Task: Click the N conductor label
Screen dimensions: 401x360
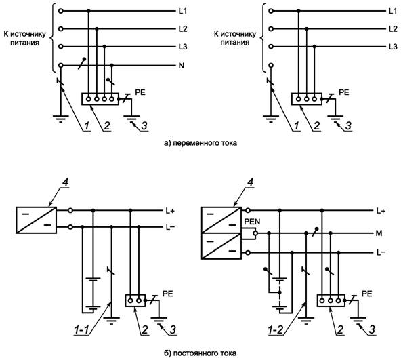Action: point(182,66)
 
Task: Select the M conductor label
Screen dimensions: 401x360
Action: point(379,233)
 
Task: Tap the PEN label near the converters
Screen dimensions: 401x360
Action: point(252,222)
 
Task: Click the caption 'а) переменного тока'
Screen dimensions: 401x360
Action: point(200,143)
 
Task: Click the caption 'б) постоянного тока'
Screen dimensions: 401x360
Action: point(200,353)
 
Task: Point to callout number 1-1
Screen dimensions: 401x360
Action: point(81,329)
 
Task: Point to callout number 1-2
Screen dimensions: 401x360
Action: point(276,329)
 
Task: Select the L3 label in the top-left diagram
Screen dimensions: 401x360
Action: point(183,47)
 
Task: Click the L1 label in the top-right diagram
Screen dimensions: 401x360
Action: point(393,11)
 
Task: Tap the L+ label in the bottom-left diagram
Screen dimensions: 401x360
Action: point(170,211)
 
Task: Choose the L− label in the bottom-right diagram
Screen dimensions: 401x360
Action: point(381,253)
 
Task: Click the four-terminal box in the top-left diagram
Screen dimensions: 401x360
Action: point(100,99)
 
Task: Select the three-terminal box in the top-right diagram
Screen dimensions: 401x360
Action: point(307,99)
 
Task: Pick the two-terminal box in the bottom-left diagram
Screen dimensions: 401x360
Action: point(135,300)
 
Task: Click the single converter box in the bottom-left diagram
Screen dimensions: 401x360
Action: point(37,220)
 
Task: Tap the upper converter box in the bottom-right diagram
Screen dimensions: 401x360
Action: point(221,220)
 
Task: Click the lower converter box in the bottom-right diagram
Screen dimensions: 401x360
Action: point(221,246)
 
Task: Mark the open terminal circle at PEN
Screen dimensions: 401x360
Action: point(255,233)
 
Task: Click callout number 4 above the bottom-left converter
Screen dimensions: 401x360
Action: point(66,182)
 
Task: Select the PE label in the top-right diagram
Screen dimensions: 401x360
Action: point(343,92)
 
